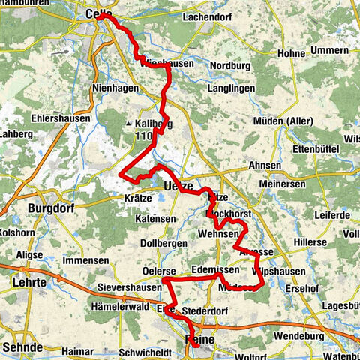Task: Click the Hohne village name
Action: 291,54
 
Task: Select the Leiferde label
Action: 332,215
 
